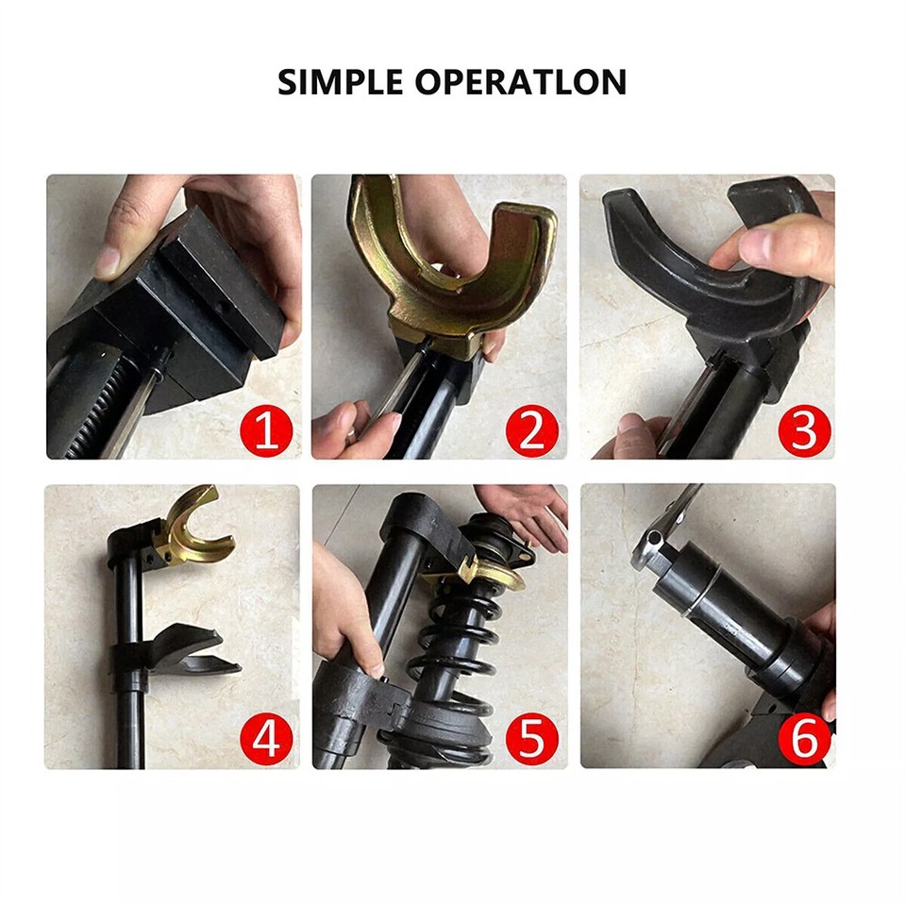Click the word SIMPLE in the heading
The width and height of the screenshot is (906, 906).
click(x=341, y=82)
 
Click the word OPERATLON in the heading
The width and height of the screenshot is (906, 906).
click(x=522, y=82)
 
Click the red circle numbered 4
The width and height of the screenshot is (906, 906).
click(x=266, y=739)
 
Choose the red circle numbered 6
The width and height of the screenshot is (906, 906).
click(x=803, y=739)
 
